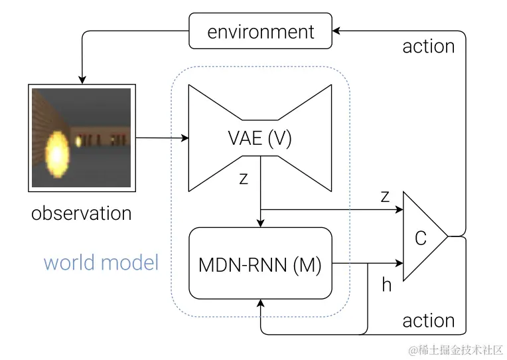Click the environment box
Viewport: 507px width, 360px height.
pyautogui.click(x=261, y=32)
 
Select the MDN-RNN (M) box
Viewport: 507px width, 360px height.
pyautogui.click(x=260, y=264)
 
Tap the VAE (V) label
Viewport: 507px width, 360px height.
pyautogui.click(x=259, y=139)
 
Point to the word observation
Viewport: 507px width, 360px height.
pyautogui.click(x=82, y=213)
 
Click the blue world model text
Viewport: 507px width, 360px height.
pyautogui.click(x=101, y=262)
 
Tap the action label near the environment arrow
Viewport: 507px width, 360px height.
pyautogui.click(x=429, y=47)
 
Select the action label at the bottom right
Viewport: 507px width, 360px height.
pyautogui.click(x=429, y=321)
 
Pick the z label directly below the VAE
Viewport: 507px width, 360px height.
pyautogui.click(x=244, y=179)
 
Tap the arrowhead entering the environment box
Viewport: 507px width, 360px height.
pyautogui.click(x=337, y=31)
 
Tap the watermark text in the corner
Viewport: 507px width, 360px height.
pyautogui.click(x=456, y=349)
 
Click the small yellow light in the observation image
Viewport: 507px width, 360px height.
pyautogui.click(x=79, y=141)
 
